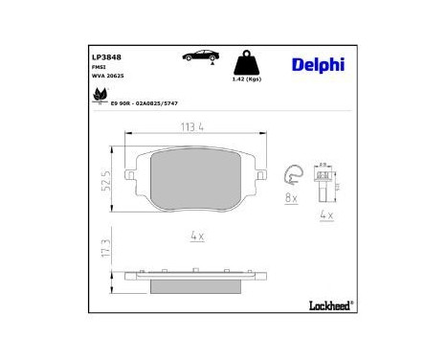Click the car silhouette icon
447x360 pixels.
(x=197, y=58)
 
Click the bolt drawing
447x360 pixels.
(x=324, y=182)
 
